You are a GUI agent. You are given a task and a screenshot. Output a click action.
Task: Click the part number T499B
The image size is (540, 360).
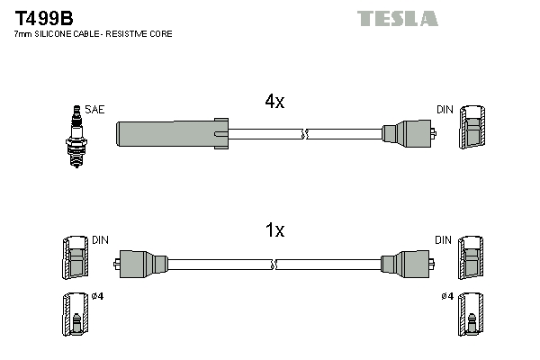tap(44, 17)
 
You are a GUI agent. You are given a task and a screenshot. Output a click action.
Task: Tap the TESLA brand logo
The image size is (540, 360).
tap(397, 18)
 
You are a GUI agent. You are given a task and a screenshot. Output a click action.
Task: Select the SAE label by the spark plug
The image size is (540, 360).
tap(95, 110)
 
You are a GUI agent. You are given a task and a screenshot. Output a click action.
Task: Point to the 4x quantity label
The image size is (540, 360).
tap(274, 102)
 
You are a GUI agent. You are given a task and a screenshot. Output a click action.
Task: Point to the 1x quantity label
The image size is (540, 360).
tap(274, 231)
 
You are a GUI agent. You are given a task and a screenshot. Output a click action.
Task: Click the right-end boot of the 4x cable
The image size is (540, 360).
tap(407, 135)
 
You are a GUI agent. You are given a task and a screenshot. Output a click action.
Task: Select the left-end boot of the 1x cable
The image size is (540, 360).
tap(141, 265)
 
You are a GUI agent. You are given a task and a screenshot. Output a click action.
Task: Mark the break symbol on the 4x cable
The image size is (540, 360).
tap(305, 135)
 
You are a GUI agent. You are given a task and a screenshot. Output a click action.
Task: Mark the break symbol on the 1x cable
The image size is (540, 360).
tap(274, 265)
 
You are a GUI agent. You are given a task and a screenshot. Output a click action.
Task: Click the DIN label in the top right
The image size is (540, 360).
tap(445, 110)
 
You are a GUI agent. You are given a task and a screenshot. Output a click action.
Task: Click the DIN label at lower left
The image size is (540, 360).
tap(99, 240)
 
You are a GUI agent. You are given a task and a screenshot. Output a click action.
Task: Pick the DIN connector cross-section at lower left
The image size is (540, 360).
tap(76, 260)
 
